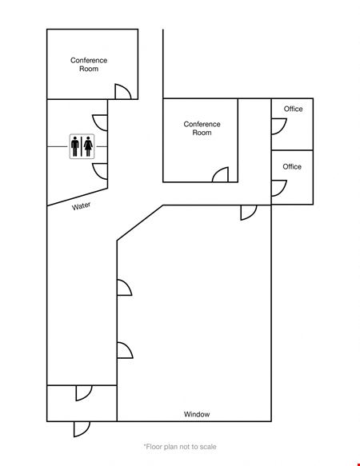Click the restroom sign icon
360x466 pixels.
click(x=82, y=146)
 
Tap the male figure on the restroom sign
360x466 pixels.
click(x=75, y=146)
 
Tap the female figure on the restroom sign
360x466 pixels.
click(x=88, y=146)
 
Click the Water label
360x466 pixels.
click(x=82, y=206)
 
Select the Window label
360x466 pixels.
click(x=197, y=414)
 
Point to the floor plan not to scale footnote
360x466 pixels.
click(x=180, y=446)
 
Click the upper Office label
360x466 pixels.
click(x=293, y=109)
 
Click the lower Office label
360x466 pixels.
click(x=292, y=166)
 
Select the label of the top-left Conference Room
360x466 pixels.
click(x=89, y=65)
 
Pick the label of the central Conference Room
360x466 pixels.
click(x=202, y=128)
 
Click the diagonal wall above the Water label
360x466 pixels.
click(x=78, y=197)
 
